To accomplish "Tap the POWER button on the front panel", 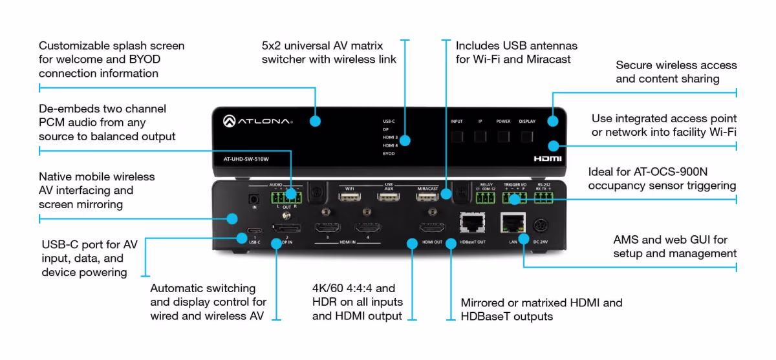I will click(503, 136).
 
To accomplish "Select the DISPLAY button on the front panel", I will click(527, 136).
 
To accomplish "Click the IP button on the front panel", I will click(480, 136).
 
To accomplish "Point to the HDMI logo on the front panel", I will click(546, 158).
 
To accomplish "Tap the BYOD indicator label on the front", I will click(389, 154).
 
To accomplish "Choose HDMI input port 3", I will click(328, 228).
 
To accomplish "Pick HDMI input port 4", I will click(367, 228).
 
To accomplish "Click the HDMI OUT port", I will click(432, 228).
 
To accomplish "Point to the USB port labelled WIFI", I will click(350, 197).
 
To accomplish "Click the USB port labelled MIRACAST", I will click(426, 197).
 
